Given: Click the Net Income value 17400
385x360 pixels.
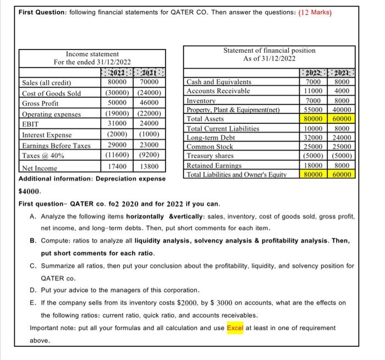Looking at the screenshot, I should (118, 166).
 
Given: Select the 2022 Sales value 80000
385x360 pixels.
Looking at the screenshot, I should (118, 83).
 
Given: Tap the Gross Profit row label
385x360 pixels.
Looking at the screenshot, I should (40, 103).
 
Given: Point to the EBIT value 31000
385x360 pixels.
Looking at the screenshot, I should (118, 124).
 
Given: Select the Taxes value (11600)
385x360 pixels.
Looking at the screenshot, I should (118, 155).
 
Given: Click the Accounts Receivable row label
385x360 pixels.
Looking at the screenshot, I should (219, 91).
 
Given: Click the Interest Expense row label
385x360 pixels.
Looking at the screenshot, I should (46, 135).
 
